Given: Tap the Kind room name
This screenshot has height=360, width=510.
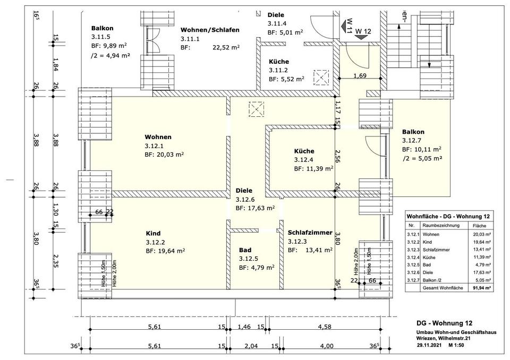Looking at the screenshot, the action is pyautogui.click(x=153, y=233).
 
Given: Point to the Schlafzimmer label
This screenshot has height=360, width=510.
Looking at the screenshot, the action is pyautogui.click(x=310, y=233).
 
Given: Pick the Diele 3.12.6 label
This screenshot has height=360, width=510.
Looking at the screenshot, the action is pyautogui.click(x=244, y=190).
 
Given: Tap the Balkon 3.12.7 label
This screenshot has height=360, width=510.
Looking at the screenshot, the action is pyautogui.click(x=413, y=132).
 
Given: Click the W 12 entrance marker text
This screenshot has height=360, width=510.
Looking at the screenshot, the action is pyautogui.click(x=363, y=32).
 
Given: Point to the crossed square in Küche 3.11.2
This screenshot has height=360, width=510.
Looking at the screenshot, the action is pyautogui.click(x=322, y=78).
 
